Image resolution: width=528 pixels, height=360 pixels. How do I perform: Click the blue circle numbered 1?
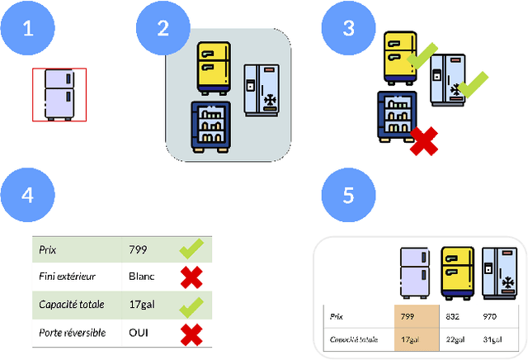[x=29, y=29]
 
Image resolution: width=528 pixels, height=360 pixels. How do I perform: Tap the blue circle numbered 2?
[x=163, y=29]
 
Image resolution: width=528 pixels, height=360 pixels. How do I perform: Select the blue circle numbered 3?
[x=349, y=29]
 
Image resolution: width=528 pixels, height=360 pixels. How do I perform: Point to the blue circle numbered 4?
[x=29, y=196]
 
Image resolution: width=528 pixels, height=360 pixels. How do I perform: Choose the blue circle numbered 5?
[x=349, y=196]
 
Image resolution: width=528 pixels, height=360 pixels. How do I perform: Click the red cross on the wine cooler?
[x=424, y=141]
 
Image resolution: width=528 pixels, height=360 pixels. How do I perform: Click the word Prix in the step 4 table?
[x=49, y=249]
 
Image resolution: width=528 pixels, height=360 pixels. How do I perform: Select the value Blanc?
[x=142, y=277]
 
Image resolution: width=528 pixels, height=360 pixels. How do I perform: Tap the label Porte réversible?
[x=72, y=333]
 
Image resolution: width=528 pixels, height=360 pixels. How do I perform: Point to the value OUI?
[x=139, y=333]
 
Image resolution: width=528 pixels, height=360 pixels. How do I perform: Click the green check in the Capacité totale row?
[x=191, y=305]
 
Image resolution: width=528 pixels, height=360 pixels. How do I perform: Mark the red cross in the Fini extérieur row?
[x=191, y=277]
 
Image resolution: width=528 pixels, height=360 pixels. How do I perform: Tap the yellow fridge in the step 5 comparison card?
[x=457, y=272]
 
